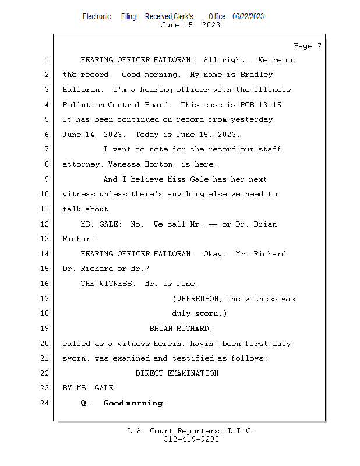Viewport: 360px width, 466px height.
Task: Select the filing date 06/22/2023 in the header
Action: tap(248, 17)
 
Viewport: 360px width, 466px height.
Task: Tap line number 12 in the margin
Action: tap(45, 224)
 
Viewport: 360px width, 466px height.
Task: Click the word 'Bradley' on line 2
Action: tap(256, 75)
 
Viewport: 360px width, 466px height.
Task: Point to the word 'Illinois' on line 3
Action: tap(272, 90)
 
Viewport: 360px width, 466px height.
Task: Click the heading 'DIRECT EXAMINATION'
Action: tap(177, 373)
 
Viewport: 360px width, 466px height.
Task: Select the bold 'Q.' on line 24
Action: tap(86, 403)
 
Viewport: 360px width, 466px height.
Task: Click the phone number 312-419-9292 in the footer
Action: tap(191, 440)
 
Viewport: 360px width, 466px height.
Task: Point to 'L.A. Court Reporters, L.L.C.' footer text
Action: tap(191, 431)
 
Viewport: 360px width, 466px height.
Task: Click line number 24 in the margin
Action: tap(45, 403)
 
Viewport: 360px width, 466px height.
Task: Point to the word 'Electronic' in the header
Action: tap(97, 17)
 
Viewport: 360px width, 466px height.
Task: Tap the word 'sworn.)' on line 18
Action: tap(208, 313)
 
